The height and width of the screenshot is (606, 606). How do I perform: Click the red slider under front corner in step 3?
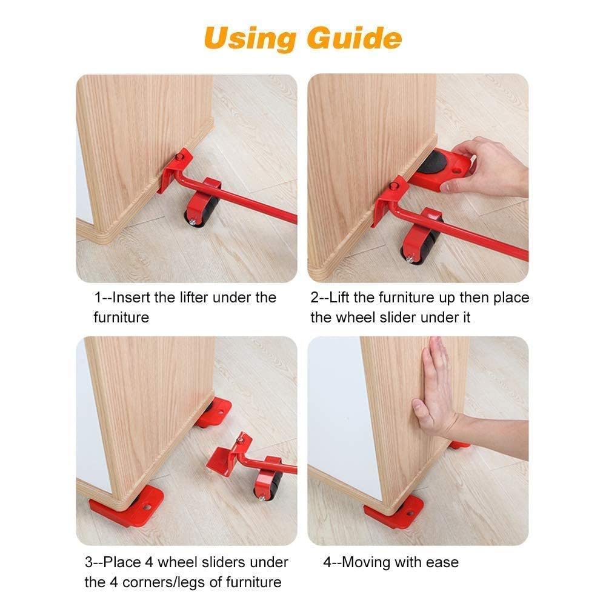pyautogui.click(x=124, y=505)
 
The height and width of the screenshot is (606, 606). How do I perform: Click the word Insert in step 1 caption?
pyautogui.click(x=130, y=298)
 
